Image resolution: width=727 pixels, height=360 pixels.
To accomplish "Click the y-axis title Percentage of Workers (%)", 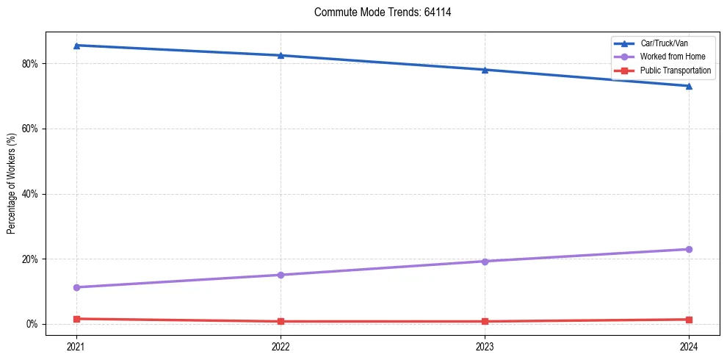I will click(x=12, y=183).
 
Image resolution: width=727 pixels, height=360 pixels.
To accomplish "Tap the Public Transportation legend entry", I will click(x=675, y=71).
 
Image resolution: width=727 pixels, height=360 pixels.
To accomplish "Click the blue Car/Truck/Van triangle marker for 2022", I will click(x=281, y=55).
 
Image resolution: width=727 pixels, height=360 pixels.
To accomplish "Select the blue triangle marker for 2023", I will click(x=485, y=70).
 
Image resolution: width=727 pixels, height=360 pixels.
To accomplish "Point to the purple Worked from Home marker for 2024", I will click(x=689, y=249).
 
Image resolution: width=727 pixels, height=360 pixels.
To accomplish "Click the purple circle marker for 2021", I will click(x=76, y=287).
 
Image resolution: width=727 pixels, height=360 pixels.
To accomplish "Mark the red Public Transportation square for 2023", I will click(x=485, y=321).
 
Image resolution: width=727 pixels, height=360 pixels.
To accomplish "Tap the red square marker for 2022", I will click(x=281, y=321).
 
